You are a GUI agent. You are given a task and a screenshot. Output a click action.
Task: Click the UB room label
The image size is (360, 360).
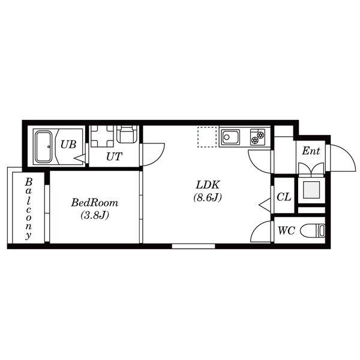point(68,145)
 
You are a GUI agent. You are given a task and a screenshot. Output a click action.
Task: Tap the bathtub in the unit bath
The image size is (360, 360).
point(44,147)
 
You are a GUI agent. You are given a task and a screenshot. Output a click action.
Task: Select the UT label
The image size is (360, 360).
point(114,157)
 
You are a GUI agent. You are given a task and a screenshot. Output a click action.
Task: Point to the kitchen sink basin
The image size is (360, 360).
point(230,137)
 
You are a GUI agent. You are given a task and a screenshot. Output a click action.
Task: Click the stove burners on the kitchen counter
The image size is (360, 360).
point(257,137)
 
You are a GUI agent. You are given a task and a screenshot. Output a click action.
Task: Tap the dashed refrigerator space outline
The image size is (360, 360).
point(207,137)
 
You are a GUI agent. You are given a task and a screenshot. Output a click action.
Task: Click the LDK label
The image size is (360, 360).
point(208,185)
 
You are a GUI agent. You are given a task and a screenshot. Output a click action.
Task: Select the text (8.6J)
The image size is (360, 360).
point(208,197)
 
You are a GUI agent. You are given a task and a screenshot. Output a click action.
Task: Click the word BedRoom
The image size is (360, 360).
point(95,203)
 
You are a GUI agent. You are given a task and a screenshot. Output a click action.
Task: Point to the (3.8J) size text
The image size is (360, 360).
point(95,215)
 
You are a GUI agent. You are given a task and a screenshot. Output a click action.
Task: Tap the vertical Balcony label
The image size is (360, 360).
point(28,208)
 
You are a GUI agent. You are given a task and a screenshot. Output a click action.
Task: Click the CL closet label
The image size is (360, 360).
point(284,197)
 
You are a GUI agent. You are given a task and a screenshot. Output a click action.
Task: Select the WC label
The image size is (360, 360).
point(286,230)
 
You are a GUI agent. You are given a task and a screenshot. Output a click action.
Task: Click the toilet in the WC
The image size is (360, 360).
point(313,230)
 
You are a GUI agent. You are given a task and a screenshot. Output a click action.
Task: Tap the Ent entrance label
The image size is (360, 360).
point(311,151)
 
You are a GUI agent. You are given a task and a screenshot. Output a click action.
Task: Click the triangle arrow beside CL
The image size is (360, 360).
point(265,205)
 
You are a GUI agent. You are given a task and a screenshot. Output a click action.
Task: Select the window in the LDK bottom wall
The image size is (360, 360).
point(194,246)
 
